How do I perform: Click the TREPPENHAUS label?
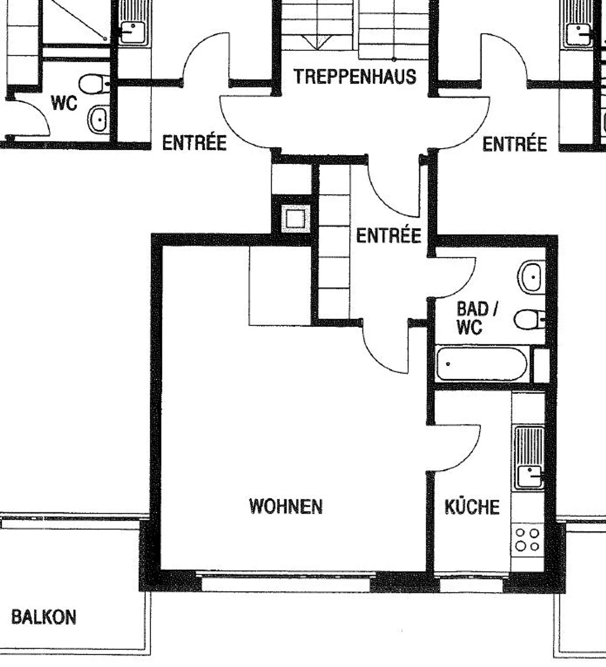click(355, 77)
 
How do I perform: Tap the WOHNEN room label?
click(286, 506)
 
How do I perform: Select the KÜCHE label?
click(472, 507)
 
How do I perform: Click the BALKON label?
click(44, 617)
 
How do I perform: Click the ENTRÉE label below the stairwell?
click(388, 235)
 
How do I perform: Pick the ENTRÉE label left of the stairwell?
click(194, 143)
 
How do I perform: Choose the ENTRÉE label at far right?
click(514, 144)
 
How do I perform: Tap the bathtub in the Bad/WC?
click(481, 364)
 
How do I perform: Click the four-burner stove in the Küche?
click(528, 540)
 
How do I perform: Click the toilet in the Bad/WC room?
click(529, 319)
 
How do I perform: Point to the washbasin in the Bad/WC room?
click(531, 277)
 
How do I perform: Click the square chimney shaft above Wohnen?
click(295, 218)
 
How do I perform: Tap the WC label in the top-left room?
click(64, 103)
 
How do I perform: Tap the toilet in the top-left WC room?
click(94, 84)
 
